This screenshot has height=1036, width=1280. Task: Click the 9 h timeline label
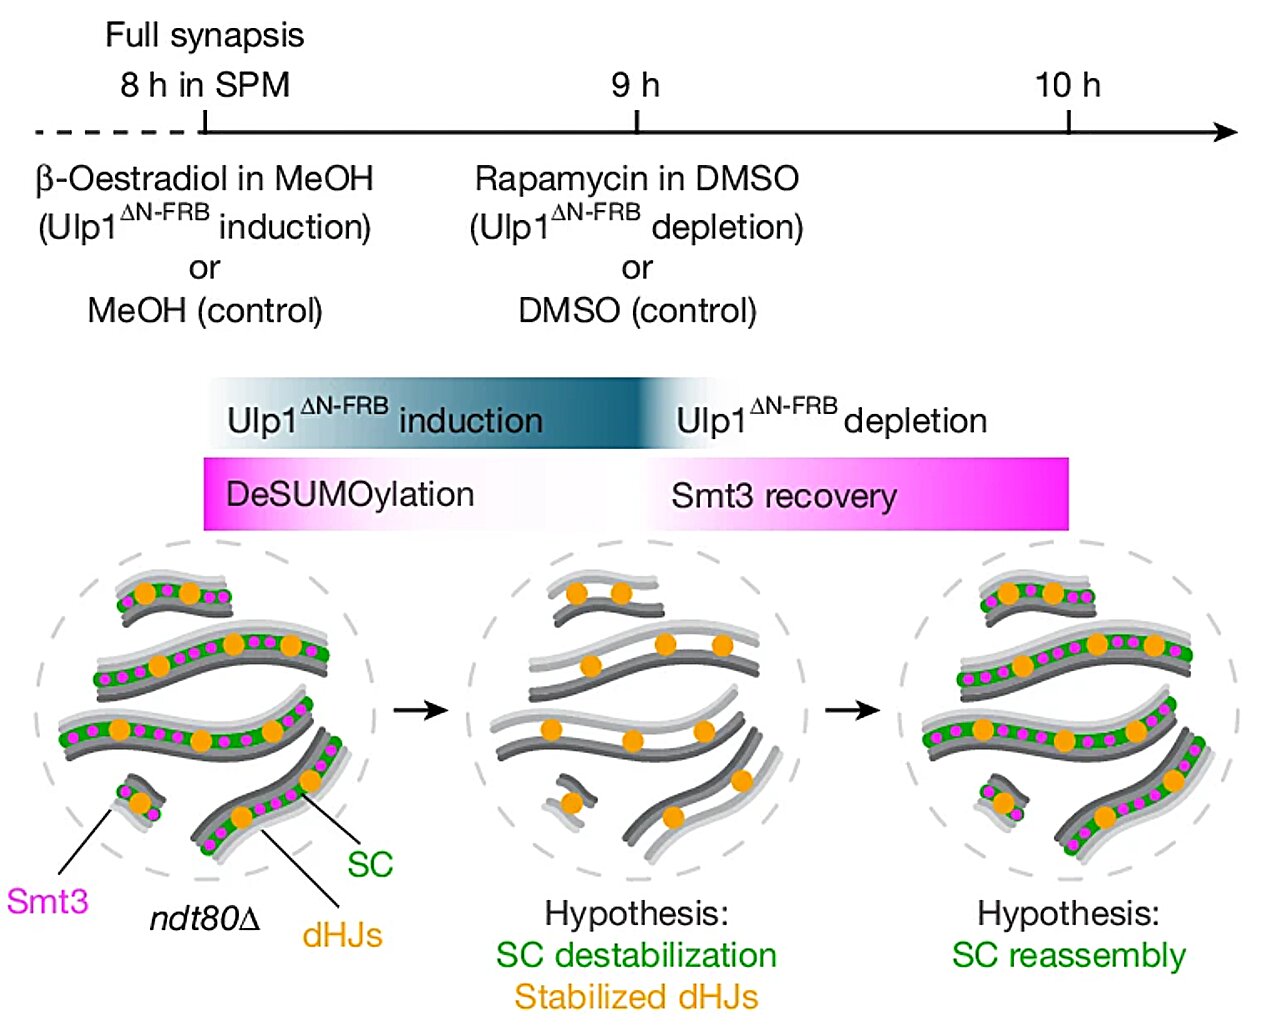(x=636, y=85)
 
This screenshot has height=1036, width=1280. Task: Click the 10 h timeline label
(x=1067, y=85)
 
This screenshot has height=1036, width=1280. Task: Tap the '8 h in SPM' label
(x=205, y=85)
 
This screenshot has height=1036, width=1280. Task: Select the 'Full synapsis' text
(x=205, y=36)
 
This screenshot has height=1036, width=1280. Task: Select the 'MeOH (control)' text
(x=205, y=310)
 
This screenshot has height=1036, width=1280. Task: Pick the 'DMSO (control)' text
(x=637, y=310)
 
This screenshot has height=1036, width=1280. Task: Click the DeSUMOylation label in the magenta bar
(x=350, y=494)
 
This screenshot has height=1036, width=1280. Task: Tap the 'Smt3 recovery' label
(x=784, y=495)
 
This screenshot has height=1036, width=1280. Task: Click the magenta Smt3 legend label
(x=47, y=901)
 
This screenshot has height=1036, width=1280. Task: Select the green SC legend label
(x=370, y=864)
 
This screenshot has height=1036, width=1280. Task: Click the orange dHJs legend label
(x=342, y=935)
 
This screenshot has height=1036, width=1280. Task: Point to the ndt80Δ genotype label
(x=205, y=918)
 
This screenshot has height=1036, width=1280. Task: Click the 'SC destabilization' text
(x=636, y=955)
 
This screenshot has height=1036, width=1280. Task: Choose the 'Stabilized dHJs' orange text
(x=636, y=997)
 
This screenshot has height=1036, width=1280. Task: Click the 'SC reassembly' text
(x=1068, y=955)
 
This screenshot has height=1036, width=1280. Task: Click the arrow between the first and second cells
(x=420, y=710)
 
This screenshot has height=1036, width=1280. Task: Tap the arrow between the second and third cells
(x=852, y=710)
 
